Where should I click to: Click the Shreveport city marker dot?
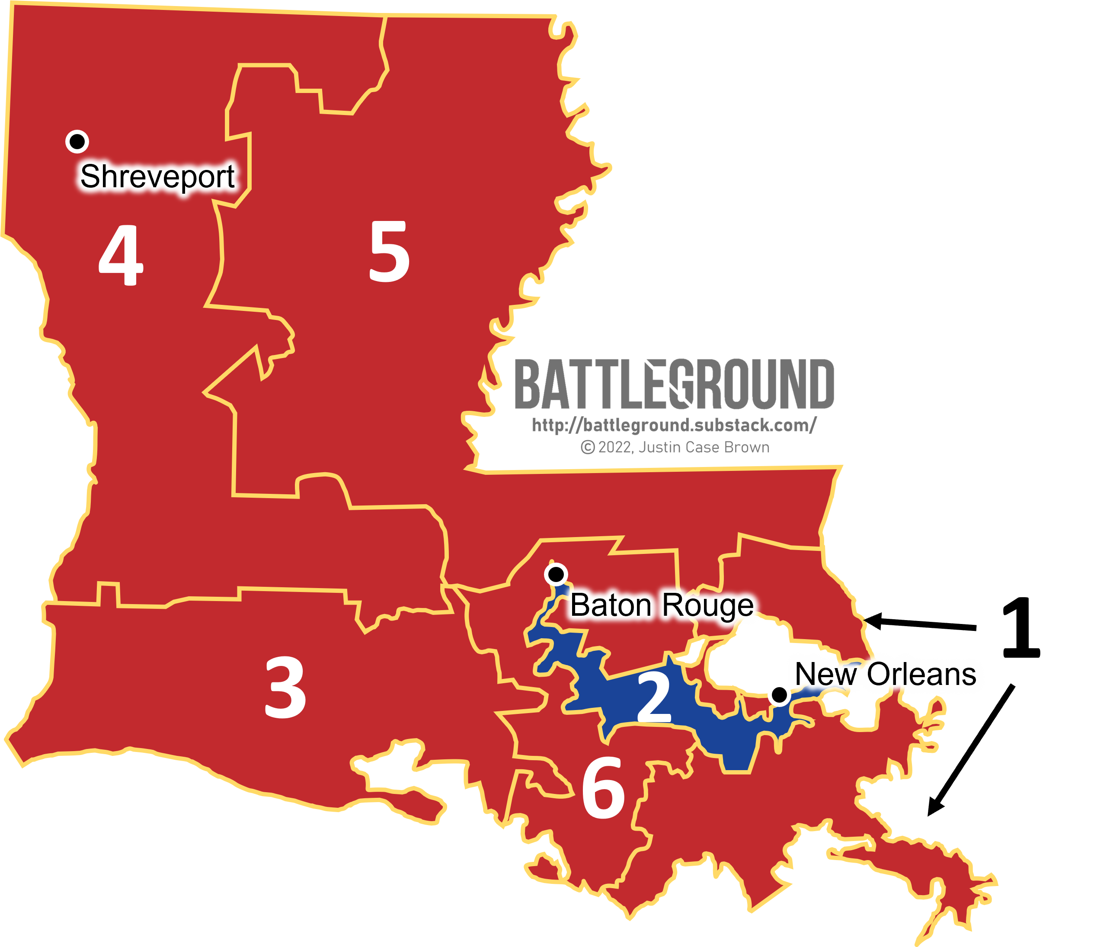coord(77,142)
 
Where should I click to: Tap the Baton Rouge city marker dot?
coord(556,574)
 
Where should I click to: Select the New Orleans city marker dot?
coord(779,695)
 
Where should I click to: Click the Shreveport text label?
coord(157,177)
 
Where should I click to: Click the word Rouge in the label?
coord(707,606)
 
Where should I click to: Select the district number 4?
coord(121,256)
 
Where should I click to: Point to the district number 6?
coord(604,788)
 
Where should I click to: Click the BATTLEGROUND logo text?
coord(674,384)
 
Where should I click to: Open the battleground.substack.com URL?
coord(674,426)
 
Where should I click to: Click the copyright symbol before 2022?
coord(588,447)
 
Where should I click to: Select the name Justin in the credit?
coord(658,447)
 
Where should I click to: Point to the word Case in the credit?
coord(700,447)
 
